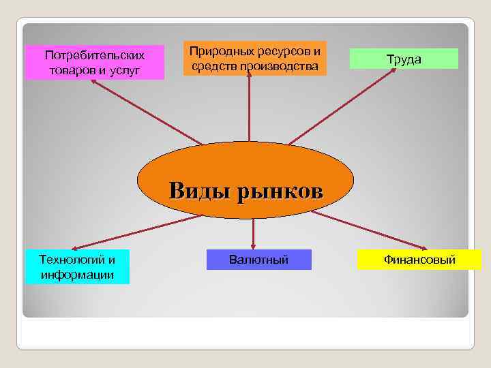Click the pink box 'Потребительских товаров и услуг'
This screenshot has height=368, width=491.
click(x=95, y=62)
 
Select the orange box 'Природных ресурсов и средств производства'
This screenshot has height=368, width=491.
click(x=254, y=59)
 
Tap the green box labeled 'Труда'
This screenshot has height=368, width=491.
click(x=404, y=59)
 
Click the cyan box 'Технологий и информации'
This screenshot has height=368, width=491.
click(x=77, y=267)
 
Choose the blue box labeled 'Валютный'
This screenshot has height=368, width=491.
click(x=258, y=260)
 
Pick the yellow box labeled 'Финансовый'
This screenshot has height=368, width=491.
click(x=419, y=260)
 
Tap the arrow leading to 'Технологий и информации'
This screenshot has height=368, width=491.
click(x=136, y=232)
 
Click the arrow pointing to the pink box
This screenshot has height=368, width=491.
click(x=150, y=109)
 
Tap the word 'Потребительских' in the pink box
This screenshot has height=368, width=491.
click(x=95, y=55)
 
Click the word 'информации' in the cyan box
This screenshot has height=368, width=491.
click(x=77, y=275)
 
